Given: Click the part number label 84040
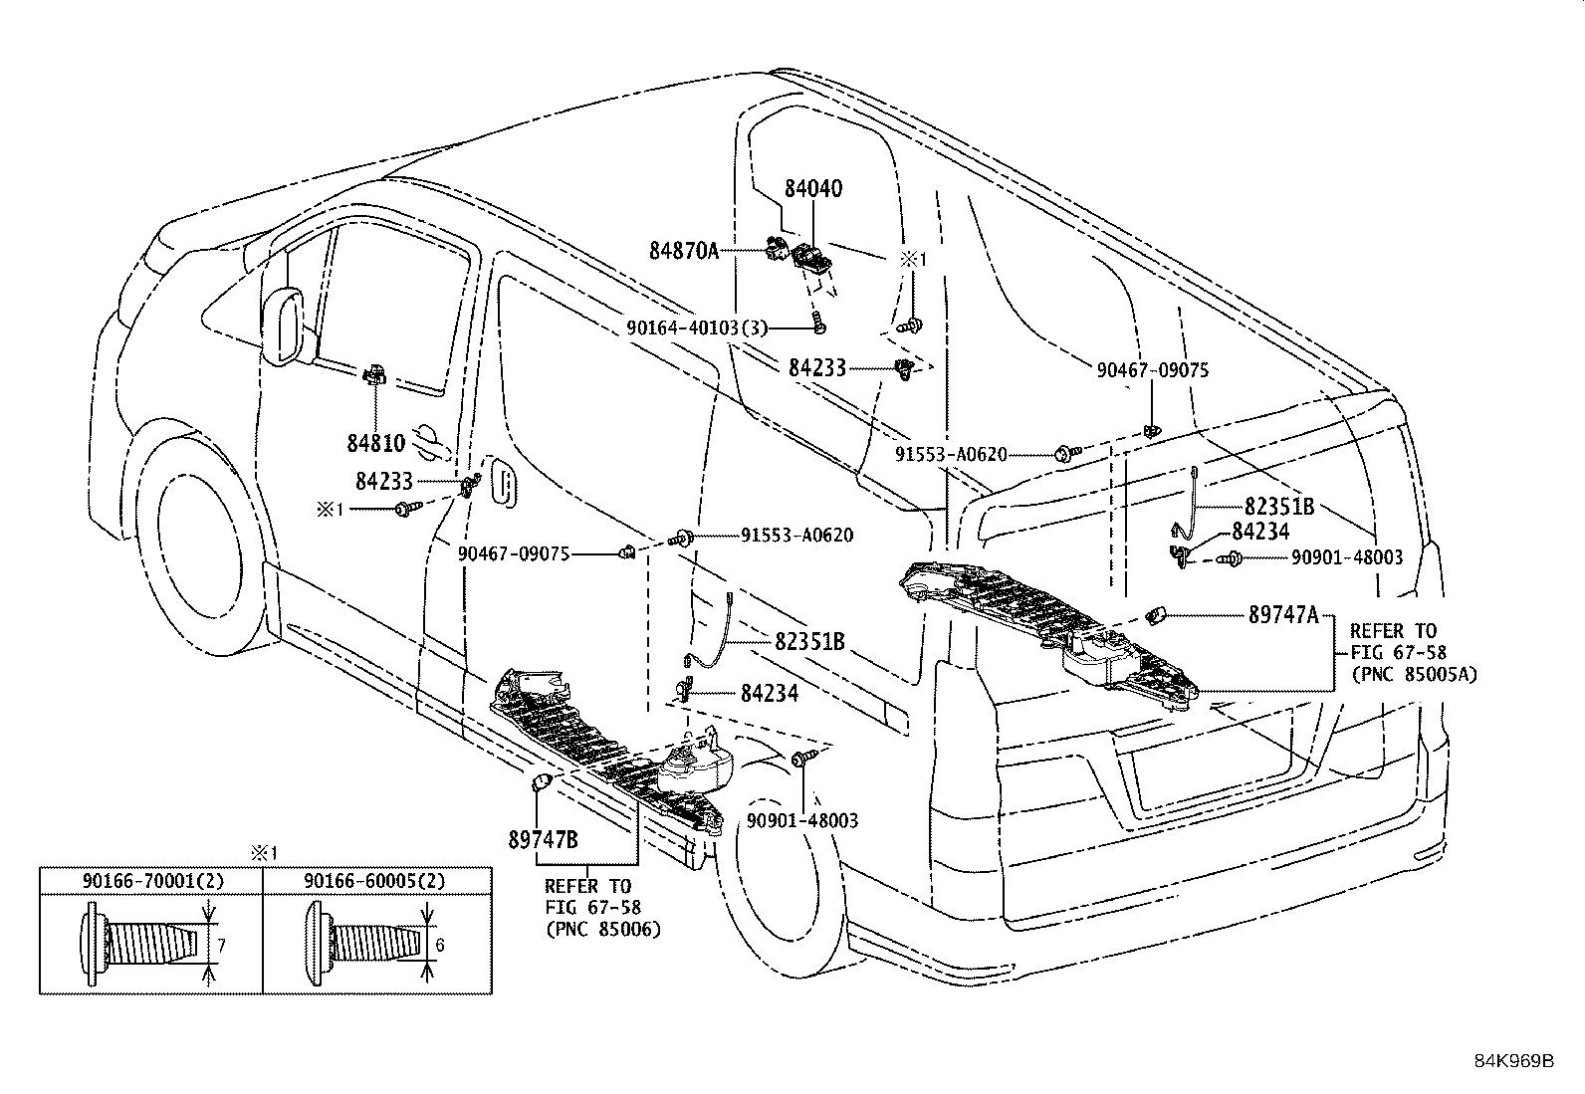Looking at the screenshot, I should click(x=812, y=188).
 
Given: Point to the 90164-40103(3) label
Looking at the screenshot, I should click(x=697, y=327).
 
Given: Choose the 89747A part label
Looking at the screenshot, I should click(x=1283, y=615).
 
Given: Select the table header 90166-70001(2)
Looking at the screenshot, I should click(x=151, y=881).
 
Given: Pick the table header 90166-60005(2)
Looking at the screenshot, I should click(x=375, y=881).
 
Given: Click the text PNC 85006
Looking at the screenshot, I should click(x=603, y=929).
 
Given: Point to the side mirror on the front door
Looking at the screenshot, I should click(x=285, y=324).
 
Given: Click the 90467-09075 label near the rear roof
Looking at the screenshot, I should click(x=1153, y=369).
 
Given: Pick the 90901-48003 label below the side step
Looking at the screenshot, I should click(x=802, y=821).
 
